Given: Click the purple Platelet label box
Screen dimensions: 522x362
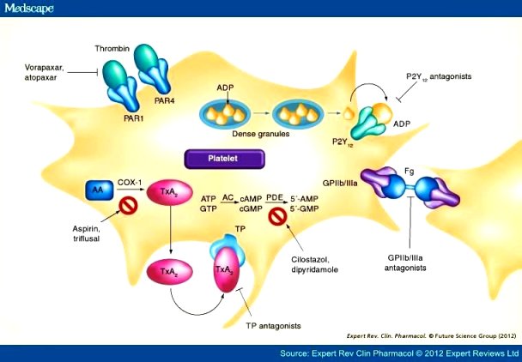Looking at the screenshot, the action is [225, 159].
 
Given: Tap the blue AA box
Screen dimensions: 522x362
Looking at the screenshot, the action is [100, 190].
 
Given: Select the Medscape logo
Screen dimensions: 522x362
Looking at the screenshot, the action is [29, 9].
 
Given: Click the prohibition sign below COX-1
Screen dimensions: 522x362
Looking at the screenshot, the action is [129, 206].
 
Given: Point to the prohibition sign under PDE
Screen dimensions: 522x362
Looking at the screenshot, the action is [277, 217].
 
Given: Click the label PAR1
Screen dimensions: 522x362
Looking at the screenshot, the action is [133, 118].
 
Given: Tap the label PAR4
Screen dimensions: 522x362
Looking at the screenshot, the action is [165, 100].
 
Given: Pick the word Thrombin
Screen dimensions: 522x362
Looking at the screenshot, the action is [112, 49].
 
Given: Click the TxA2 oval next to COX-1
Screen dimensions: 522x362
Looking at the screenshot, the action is [170, 192].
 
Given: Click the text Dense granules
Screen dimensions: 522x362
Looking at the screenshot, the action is [261, 134].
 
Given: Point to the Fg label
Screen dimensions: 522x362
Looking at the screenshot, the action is [410, 172].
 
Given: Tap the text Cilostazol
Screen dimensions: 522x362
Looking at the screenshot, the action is [312, 259].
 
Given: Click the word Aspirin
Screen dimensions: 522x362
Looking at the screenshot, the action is [86, 229].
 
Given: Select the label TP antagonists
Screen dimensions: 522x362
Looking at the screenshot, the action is [273, 326].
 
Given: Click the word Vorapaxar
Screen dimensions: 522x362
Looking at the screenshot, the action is [45, 68].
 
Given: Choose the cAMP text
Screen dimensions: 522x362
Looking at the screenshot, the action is [251, 199].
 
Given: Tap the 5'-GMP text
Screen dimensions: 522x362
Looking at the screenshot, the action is [304, 209].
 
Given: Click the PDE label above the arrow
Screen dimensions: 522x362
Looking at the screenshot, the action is [275, 198].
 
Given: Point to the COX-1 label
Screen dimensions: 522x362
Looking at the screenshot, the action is [130, 183].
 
